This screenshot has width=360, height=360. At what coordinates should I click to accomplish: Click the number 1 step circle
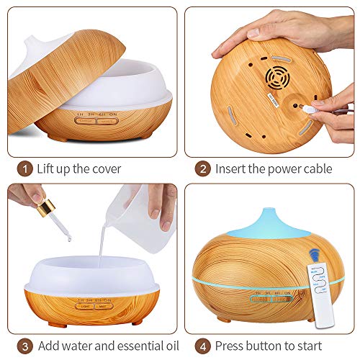click(x=24, y=168)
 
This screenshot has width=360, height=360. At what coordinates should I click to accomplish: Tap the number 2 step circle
click(x=203, y=168)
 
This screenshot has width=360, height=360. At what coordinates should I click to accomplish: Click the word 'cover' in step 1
click(x=105, y=169)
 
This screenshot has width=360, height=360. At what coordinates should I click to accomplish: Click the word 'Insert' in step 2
click(x=238, y=169)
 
